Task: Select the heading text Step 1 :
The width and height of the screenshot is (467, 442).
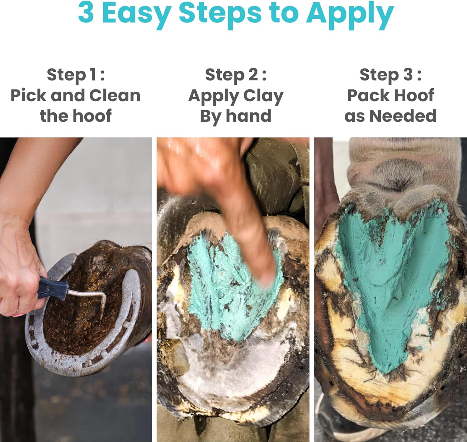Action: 76,75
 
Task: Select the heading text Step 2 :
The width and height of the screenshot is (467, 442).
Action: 236,75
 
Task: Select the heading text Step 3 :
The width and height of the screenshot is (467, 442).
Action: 390,75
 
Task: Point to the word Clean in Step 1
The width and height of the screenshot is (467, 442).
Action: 115,95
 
